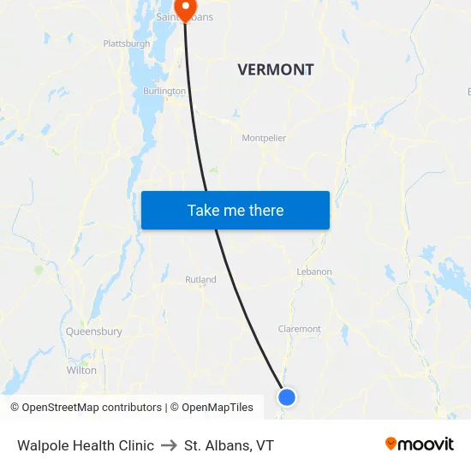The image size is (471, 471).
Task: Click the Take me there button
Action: [235, 210]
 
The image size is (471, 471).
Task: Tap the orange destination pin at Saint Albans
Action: [184, 9]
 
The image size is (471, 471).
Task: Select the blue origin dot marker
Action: [287, 396]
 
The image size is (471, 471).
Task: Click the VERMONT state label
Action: [276, 70]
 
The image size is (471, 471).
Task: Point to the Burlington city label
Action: [164, 91]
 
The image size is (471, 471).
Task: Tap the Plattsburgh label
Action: [126, 43]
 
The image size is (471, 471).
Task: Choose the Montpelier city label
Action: [264, 138]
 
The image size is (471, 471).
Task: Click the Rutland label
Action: [200, 280]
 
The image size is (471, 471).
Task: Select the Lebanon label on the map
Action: [314, 271]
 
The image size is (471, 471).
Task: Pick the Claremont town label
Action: [300, 329]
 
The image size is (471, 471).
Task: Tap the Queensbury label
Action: [94, 331]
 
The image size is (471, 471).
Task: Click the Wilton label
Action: [81, 370]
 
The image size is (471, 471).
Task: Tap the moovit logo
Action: [420, 444]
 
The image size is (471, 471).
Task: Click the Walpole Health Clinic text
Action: [86, 445]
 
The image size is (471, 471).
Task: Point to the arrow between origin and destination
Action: [169, 445]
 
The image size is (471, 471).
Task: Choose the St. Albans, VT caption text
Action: [229, 445]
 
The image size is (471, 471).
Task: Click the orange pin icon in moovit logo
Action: [391, 444]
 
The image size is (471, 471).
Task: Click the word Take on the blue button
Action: [204, 211]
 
